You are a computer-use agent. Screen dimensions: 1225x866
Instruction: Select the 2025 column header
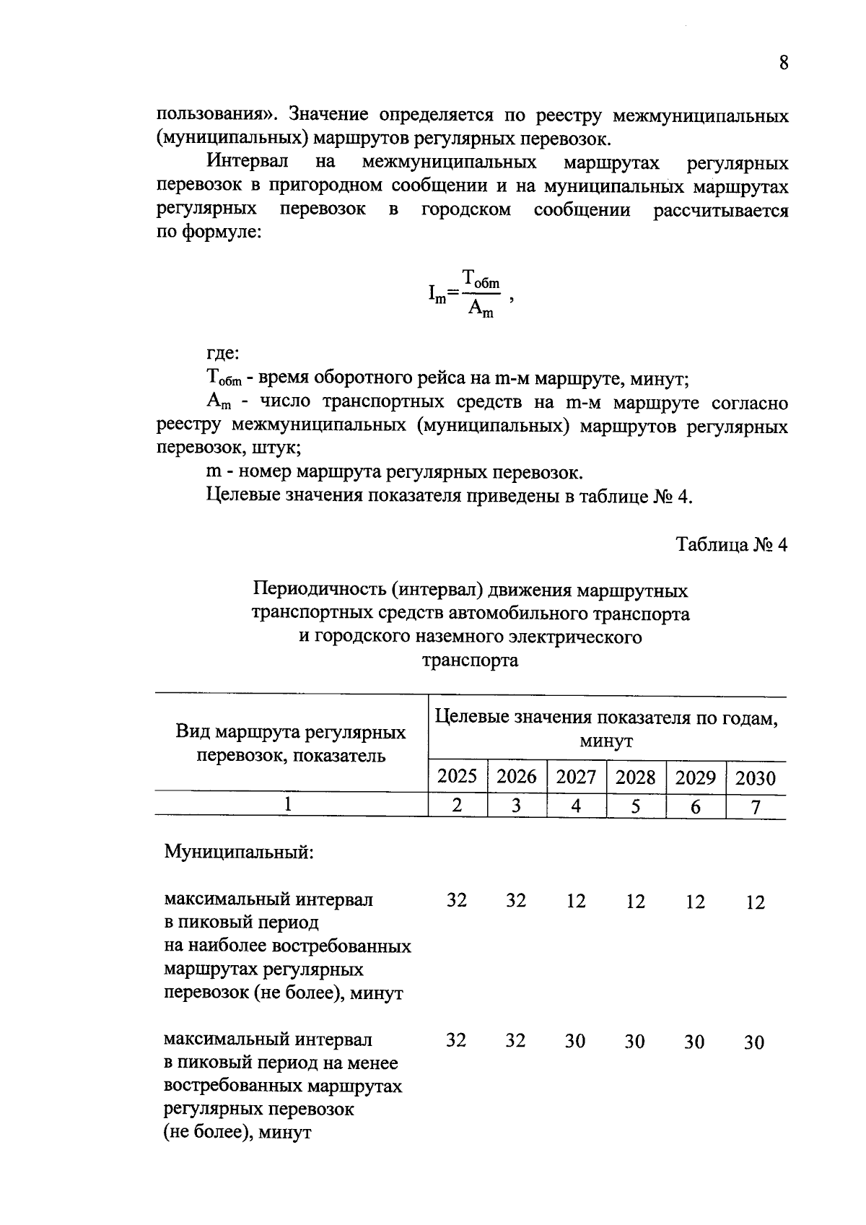458,777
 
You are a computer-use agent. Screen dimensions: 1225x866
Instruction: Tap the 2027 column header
576,777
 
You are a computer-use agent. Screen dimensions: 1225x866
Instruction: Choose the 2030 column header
755,778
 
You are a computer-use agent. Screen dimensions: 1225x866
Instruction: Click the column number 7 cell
755,807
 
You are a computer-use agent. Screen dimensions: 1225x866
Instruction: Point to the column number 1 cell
289,804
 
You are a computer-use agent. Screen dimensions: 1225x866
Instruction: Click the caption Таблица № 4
731,545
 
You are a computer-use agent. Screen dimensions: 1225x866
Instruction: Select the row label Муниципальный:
239,852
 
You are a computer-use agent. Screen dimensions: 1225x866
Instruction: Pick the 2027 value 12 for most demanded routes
575,901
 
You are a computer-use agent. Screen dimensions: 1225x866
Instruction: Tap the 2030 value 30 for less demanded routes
754,1042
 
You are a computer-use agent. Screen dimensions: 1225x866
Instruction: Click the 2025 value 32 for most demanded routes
456,900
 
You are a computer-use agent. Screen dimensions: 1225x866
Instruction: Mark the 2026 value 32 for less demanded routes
515,1040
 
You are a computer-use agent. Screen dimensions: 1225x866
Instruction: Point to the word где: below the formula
222,354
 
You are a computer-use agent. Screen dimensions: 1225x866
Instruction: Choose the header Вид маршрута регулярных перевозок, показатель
291,744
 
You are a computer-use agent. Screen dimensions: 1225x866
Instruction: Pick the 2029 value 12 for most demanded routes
694,902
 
